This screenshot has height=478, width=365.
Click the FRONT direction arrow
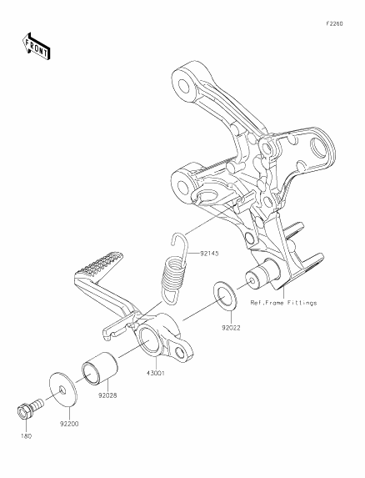[x=36, y=47]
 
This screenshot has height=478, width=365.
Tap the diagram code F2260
[x=334, y=24]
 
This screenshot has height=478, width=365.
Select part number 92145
[x=209, y=254]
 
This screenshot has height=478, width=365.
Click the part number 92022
[x=231, y=328]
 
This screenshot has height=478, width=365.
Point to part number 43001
[x=155, y=373]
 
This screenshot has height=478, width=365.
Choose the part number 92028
[x=107, y=395]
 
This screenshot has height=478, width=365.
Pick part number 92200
[x=69, y=424]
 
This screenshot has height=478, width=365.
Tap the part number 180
[x=26, y=436]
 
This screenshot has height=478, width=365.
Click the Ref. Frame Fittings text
[x=283, y=303]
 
